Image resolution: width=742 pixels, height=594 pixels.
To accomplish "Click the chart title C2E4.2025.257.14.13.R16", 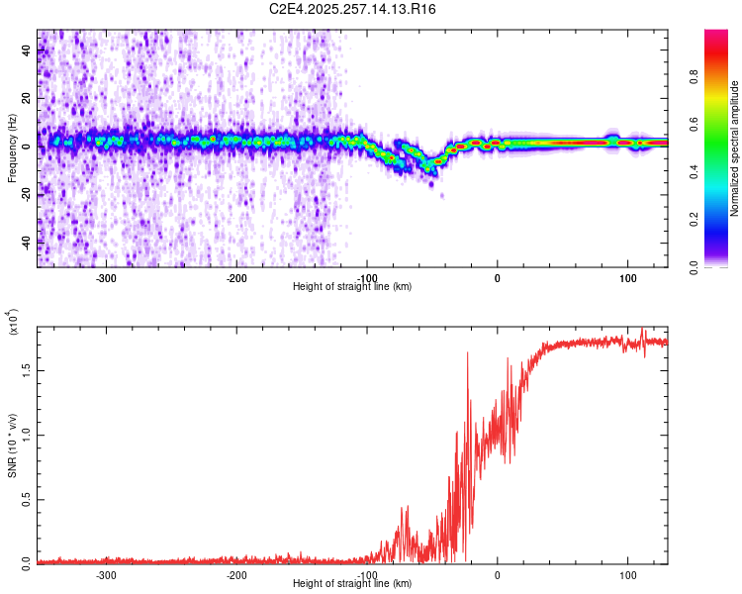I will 353,9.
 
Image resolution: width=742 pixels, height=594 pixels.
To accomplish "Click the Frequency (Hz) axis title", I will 13,148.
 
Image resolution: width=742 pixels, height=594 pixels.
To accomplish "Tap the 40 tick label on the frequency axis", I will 28,51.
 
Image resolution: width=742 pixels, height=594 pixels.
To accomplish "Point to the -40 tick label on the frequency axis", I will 28,242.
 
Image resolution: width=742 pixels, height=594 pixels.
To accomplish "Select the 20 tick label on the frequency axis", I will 28,99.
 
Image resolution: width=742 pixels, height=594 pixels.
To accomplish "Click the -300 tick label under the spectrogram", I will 106,276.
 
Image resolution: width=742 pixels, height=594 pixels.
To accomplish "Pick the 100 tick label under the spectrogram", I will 627,276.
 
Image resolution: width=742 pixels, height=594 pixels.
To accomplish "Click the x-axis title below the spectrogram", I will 352,287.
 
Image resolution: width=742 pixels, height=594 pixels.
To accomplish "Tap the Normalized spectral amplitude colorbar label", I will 735,148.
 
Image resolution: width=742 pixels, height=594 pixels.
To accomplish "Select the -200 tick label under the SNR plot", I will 236,574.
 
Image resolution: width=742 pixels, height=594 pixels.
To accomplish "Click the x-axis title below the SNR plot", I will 352,584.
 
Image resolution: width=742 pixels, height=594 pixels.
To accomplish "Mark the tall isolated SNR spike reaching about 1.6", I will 467,354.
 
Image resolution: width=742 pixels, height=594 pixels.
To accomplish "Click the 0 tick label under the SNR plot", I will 498,574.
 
